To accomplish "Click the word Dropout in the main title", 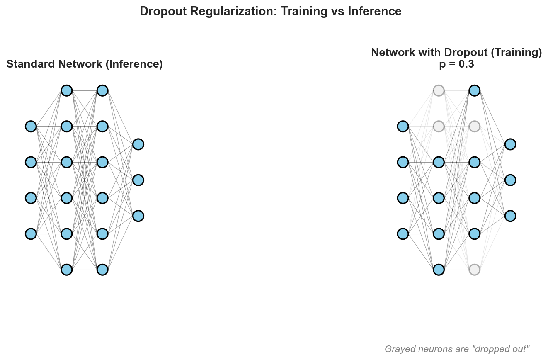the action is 163,12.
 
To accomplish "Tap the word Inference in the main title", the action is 375,11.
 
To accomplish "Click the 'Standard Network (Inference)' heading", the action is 85,64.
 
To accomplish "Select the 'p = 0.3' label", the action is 456,64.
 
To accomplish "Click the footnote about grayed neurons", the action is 457,349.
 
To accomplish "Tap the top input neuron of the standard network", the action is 31,126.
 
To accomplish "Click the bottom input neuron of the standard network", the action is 31,234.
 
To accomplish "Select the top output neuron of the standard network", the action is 138,144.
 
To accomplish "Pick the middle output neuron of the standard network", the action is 138,180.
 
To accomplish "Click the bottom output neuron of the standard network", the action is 138,216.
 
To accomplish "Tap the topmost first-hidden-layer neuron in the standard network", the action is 67,90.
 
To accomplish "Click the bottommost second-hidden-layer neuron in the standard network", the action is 102,270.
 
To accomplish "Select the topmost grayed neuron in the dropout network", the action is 439,90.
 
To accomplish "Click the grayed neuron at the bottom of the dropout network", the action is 475,270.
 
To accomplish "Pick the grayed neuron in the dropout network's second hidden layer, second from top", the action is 475,126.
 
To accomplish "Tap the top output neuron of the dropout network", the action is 510,144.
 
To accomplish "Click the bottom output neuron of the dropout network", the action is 510,216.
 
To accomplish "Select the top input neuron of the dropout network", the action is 403,126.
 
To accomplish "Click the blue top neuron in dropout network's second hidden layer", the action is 475,90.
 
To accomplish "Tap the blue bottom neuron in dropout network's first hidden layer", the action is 439,270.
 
